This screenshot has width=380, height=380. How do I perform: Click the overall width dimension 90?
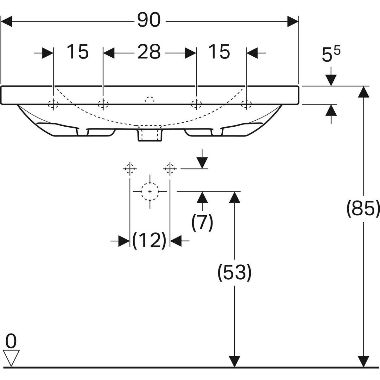149,21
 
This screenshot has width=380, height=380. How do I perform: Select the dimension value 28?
149,52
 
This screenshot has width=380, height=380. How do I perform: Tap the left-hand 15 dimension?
78,52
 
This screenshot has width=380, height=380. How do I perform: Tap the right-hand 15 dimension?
219,52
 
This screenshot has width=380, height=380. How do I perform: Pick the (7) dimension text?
202,223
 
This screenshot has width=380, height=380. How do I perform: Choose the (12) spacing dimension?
149,241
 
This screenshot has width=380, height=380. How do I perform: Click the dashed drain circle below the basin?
150,192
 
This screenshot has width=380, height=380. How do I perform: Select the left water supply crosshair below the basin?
130,169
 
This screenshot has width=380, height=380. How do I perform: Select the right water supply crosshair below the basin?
170,169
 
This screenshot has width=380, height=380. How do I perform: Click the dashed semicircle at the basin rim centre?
150,100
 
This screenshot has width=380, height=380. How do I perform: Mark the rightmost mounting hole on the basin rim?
246,104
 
